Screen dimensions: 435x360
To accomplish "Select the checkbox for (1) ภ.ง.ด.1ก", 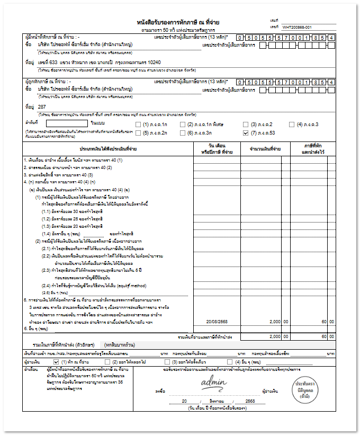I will coord(139,124).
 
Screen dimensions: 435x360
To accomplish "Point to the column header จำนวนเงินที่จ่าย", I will coord(261,149).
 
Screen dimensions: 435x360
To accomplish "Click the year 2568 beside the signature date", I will coord(250,402).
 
